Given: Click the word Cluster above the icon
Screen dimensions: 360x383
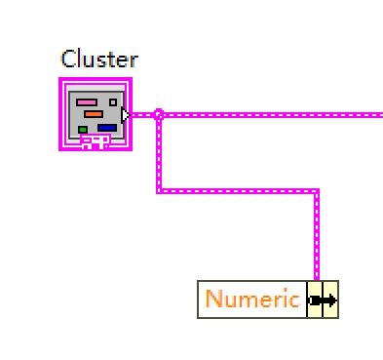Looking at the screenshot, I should click(x=99, y=59).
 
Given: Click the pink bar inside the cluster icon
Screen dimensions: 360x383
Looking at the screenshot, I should click(x=87, y=101).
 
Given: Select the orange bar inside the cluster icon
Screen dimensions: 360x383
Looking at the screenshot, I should click(x=93, y=114).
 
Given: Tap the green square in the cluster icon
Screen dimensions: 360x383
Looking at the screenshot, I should click(x=83, y=128).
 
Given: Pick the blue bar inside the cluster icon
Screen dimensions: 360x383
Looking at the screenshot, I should click(x=106, y=127).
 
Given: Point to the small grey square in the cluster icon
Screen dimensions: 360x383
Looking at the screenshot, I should click(x=113, y=100).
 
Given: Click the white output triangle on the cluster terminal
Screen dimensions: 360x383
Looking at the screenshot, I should click(x=125, y=114).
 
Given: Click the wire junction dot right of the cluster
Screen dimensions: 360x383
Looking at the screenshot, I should click(x=158, y=114).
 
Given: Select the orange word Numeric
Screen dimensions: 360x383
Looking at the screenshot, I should click(x=252, y=300).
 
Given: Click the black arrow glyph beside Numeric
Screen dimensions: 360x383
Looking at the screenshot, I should click(x=323, y=300).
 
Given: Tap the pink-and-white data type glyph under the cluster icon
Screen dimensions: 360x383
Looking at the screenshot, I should click(x=95, y=142).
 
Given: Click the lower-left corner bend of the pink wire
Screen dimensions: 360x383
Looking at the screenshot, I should click(x=158, y=191).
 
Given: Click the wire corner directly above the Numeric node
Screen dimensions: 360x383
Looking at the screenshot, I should click(x=317, y=191).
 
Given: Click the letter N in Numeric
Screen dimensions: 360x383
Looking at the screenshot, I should click(x=213, y=300).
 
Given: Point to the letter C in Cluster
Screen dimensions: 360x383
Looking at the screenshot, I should click(x=68, y=59).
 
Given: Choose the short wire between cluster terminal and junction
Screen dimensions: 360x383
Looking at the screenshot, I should click(x=142, y=114).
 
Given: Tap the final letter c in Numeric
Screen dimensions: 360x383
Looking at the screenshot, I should click(x=294, y=300).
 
